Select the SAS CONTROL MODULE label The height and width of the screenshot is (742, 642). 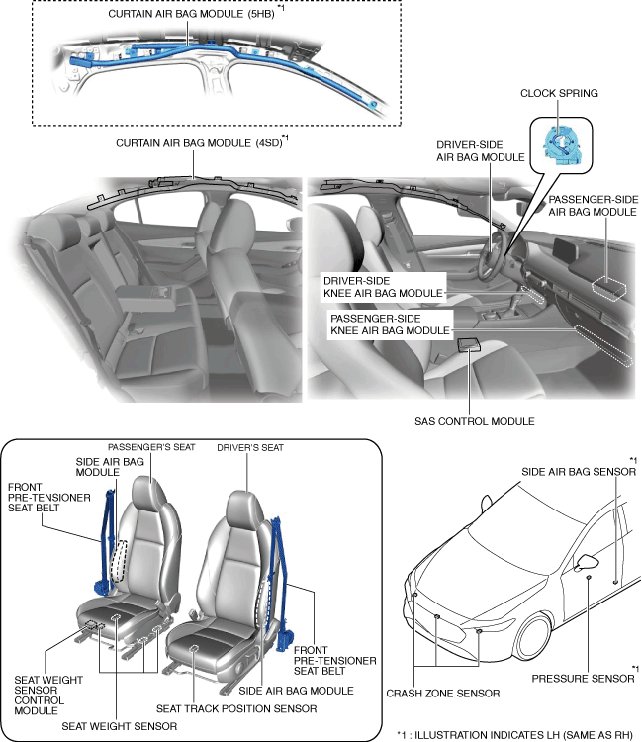[476, 421]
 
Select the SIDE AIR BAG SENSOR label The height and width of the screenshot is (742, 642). [573, 474]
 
